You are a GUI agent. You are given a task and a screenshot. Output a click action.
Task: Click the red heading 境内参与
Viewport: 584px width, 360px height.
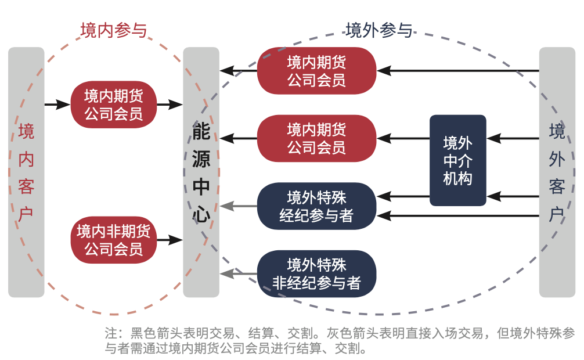point(114,30)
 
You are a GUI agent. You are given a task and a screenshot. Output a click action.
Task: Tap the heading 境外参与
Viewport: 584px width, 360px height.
point(378,30)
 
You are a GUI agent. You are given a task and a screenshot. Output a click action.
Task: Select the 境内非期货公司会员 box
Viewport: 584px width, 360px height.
point(114,240)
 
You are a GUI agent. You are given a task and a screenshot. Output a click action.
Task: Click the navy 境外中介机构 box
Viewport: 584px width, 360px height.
point(457,160)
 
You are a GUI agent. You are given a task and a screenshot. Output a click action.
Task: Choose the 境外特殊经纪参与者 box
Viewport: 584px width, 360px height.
point(317,206)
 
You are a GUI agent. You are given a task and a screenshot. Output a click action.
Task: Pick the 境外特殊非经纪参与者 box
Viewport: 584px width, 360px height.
point(317,274)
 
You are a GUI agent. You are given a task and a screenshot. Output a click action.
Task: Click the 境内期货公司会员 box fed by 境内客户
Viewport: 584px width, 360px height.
point(114,105)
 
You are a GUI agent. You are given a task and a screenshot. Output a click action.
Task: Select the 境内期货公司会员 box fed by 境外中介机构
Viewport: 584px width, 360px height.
point(317,138)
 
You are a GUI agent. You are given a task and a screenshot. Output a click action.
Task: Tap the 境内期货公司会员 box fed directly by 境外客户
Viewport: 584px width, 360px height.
point(317,71)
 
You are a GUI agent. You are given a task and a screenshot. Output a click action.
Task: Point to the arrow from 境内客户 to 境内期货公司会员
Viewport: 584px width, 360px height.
point(57,105)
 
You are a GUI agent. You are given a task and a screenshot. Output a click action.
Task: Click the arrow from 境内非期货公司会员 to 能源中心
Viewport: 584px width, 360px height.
point(170,239)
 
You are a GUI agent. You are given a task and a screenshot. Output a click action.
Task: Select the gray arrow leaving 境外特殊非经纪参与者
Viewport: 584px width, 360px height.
point(239,273)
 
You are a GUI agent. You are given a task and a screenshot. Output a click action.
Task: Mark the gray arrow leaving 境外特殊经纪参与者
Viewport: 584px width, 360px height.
point(239,206)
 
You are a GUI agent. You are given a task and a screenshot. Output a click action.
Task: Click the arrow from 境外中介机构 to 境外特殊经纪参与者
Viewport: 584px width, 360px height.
point(403,196)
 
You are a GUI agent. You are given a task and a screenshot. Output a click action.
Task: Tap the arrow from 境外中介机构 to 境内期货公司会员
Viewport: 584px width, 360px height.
point(403,138)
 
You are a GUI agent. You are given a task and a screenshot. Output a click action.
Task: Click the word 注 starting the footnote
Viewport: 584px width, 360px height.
point(111,333)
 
